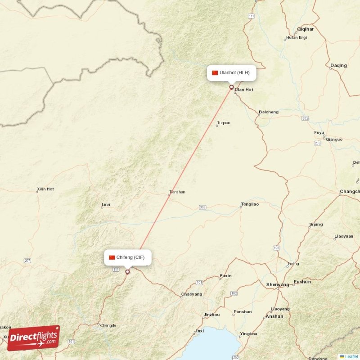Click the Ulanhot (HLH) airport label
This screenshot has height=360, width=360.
(232, 72)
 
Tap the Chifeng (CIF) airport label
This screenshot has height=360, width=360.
(127, 257)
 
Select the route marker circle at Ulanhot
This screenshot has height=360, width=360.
(232, 87)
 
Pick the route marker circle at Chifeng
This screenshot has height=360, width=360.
(127, 271)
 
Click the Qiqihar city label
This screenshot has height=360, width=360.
(305, 29)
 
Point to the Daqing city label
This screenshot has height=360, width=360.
(338, 66)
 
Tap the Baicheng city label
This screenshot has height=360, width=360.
(269, 112)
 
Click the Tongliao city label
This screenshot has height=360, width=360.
(250, 204)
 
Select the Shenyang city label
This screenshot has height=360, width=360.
(278, 285)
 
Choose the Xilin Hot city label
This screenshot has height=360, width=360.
(45, 189)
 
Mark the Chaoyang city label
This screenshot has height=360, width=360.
(191, 295)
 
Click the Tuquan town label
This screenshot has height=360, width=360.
(224, 123)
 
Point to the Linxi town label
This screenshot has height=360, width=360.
(106, 205)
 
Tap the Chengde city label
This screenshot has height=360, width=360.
(108, 325)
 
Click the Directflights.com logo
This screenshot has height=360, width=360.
(33, 338)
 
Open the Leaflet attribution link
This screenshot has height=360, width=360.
(351, 356)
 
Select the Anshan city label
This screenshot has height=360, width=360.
(274, 316)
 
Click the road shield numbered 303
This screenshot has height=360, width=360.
(202, 207)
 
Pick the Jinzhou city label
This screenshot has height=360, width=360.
(212, 315)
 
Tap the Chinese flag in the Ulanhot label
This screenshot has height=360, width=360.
(215, 72)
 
